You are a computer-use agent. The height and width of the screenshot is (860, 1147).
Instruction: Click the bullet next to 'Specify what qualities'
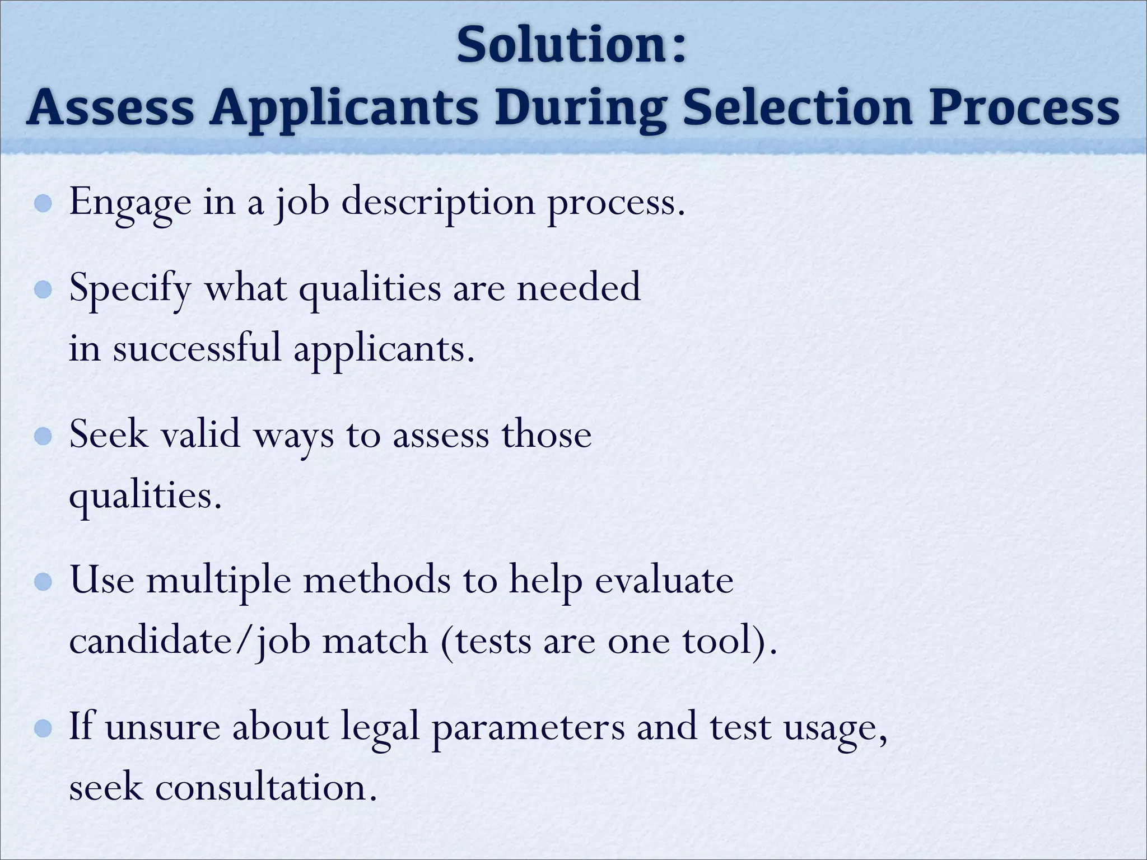43,290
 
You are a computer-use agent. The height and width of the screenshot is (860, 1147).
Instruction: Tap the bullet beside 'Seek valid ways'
43,436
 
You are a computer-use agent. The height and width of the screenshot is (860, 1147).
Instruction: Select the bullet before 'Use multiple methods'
43,582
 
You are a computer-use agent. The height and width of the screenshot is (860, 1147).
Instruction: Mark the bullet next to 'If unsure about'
43,728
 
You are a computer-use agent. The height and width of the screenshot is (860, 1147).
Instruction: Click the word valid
201,434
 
